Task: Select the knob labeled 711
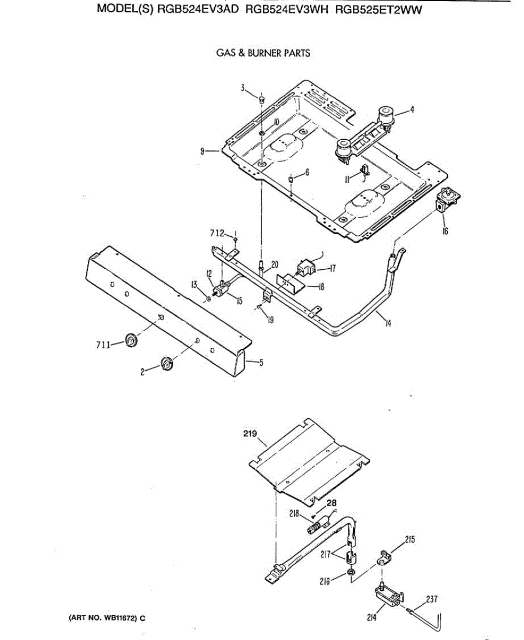(x=131, y=340)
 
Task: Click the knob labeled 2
(x=167, y=364)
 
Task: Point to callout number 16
(x=445, y=231)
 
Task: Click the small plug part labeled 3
(x=261, y=100)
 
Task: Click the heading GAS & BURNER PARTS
(x=263, y=53)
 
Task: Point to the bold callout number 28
(x=332, y=503)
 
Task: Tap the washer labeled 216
(x=351, y=572)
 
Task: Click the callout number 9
(x=203, y=151)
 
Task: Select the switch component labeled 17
(x=304, y=266)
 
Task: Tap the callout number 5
(x=261, y=364)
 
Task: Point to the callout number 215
(x=410, y=539)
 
